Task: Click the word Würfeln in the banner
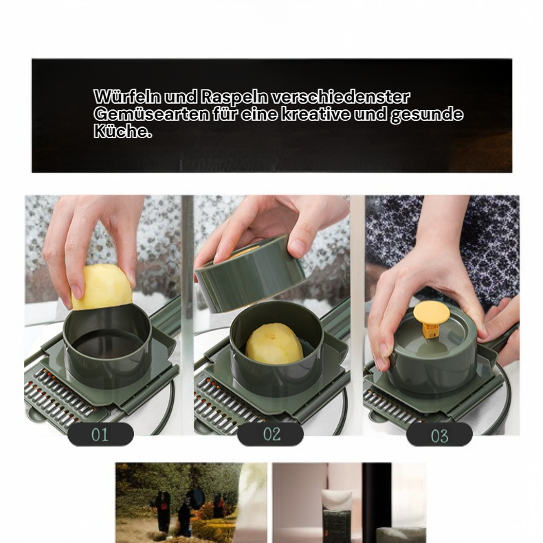[127, 97]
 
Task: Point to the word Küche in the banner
[121, 131]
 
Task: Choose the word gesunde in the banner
[427, 115]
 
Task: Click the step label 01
[100, 434]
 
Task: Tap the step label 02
[270, 434]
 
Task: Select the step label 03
[439, 435]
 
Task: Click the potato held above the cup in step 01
[102, 287]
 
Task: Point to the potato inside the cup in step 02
[274, 344]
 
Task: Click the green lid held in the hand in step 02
[250, 272]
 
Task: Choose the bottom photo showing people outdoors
[191, 503]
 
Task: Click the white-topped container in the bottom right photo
[337, 516]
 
